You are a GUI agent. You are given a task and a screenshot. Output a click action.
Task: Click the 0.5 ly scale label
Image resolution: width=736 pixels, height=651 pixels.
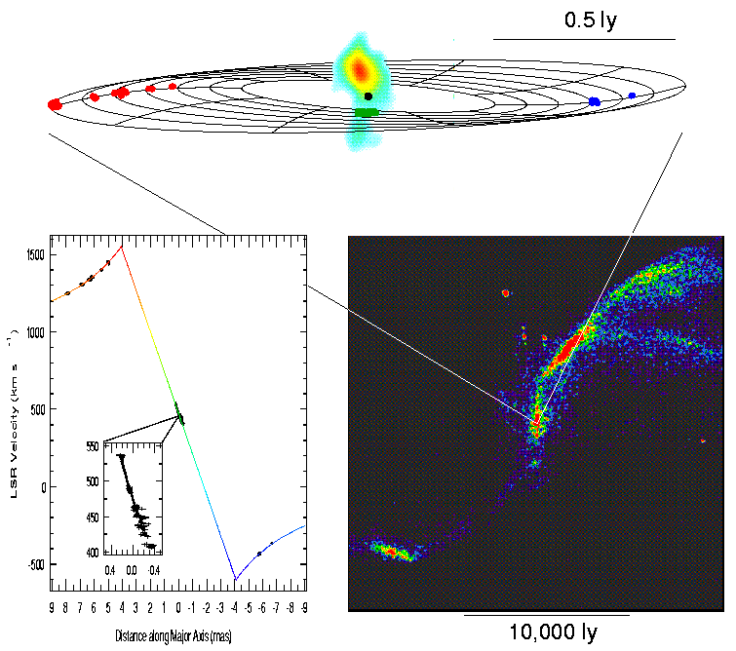(592, 19)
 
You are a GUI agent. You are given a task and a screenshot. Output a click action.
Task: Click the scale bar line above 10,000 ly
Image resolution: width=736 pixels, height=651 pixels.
(545, 616)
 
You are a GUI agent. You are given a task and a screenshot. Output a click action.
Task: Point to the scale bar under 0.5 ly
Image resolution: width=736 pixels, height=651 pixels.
(584, 39)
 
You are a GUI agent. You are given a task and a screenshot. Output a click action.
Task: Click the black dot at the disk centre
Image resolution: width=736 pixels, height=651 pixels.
(368, 96)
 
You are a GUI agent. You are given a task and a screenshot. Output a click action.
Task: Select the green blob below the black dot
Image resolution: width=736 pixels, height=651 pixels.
(367, 113)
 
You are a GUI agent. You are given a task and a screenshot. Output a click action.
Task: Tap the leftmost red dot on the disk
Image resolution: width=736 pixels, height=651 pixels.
(55, 104)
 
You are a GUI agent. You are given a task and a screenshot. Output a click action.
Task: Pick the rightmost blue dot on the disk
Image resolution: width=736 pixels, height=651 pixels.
(632, 96)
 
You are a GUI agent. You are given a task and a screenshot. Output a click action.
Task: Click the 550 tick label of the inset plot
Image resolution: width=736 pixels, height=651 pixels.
(91, 445)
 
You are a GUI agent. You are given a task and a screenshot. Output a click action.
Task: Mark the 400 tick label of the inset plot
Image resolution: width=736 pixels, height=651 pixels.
(91, 553)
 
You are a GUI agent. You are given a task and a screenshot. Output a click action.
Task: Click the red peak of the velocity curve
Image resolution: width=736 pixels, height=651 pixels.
(122, 246)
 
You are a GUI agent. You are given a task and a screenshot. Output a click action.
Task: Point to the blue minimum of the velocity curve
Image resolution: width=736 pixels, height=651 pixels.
(235, 580)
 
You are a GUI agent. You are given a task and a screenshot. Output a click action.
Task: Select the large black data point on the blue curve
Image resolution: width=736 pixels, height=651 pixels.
(259, 554)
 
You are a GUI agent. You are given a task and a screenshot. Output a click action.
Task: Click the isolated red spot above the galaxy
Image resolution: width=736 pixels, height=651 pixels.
(505, 292)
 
